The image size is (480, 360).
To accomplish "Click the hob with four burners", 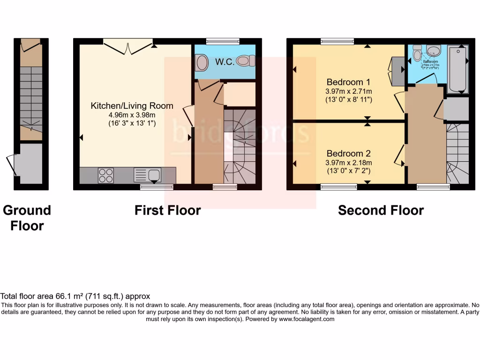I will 105,175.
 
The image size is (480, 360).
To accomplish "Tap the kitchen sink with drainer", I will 148,175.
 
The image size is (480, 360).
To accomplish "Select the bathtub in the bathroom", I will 457,68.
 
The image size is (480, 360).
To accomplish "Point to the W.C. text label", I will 225,62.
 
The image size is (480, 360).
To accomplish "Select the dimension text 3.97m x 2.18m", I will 349,162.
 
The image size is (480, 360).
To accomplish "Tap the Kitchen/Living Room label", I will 132,106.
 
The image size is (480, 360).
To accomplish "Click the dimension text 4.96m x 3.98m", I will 132,115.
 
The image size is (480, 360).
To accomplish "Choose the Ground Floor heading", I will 27,218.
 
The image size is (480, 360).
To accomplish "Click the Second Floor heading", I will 381,211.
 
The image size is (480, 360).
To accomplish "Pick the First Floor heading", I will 167,211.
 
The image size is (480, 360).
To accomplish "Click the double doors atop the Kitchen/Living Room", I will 129,46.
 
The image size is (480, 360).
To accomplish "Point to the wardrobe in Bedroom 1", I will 397,71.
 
